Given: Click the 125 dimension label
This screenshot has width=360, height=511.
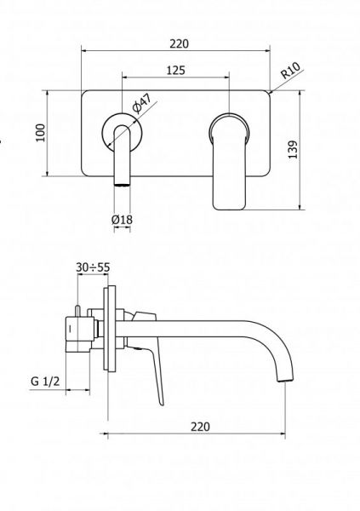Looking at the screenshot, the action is coord(175,71).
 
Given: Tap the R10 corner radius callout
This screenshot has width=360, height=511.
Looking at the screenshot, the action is coord(290,71).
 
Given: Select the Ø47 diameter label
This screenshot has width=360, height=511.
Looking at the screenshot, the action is coord(142,103).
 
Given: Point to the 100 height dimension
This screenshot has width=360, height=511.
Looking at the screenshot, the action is coord(40,133).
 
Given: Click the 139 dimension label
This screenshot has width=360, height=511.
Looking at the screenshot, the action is coord(293,150).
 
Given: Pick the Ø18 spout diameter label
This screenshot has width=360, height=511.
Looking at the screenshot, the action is coord(122,220).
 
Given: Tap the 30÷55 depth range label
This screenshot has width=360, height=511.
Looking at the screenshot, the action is coord(93,267).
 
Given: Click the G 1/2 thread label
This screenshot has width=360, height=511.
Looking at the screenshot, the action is coord(45,382).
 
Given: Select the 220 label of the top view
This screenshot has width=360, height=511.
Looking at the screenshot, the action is coord(179,43).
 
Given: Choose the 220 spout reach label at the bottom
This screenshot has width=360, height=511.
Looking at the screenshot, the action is coord(200,427).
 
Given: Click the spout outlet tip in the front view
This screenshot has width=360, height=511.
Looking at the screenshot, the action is coord(123,185).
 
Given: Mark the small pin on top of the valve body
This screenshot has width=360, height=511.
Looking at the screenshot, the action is coord(77,311).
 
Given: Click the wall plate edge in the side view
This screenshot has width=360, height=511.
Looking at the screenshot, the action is coord(110,328).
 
